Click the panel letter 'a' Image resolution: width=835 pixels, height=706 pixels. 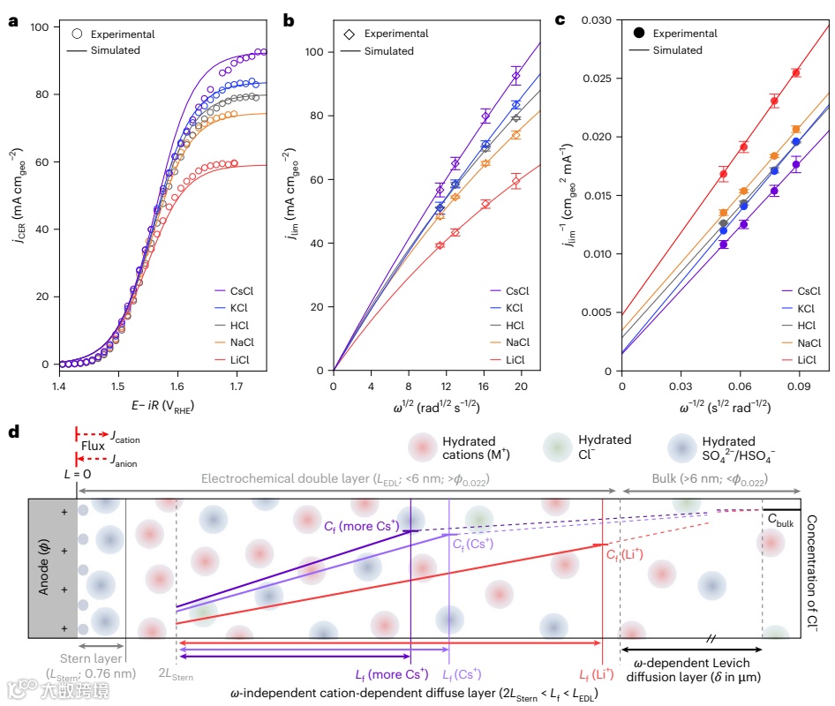pyautogui.click(x=12, y=21)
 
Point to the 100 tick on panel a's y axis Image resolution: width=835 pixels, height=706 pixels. pyautogui.click(x=39, y=27)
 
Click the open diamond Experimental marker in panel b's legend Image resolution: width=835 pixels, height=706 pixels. pyautogui.click(x=350, y=34)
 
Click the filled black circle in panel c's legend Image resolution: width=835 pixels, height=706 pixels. pyautogui.click(x=639, y=34)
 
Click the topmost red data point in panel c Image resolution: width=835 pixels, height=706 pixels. pyautogui.click(x=795, y=72)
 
